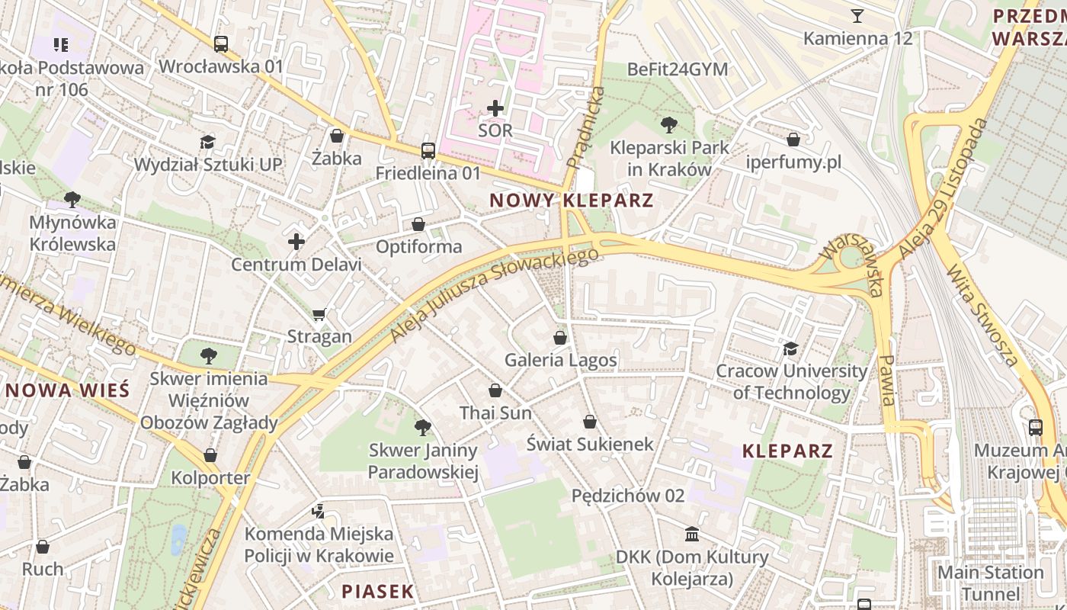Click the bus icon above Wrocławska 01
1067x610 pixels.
[x=221, y=44]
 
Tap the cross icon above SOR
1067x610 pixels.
[x=495, y=108]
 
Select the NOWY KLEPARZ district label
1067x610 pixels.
[x=572, y=201]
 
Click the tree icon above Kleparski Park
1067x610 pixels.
[x=669, y=124]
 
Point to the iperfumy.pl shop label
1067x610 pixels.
[x=793, y=162]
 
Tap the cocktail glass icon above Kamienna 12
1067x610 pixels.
[x=857, y=15]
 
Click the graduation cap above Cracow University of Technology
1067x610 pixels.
[x=791, y=348]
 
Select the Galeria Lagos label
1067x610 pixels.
[x=561, y=360]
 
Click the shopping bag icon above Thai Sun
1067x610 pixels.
[x=495, y=390]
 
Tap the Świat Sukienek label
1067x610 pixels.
[x=590, y=444]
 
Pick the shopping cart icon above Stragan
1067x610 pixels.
[x=319, y=314]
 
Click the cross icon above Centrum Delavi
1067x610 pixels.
[x=296, y=242]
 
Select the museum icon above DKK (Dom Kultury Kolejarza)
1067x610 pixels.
[x=692, y=534]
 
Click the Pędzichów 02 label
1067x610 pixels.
[x=628, y=496]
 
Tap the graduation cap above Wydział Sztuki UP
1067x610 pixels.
[x=207, y=142]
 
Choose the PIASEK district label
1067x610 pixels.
[x=377, y=591]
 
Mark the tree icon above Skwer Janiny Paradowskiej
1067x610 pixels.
[x=423, y=428]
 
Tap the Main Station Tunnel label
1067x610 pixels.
[x=990, y=583]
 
